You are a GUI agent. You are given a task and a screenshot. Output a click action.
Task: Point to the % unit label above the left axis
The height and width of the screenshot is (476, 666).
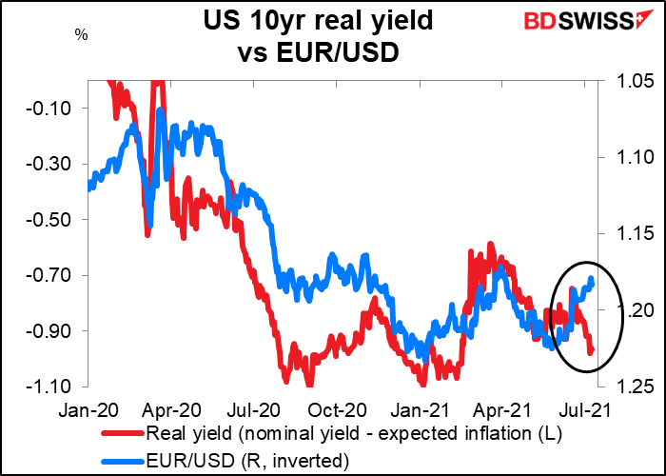point(81,35)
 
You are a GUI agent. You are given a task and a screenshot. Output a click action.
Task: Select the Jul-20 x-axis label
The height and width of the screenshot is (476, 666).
point(279,409)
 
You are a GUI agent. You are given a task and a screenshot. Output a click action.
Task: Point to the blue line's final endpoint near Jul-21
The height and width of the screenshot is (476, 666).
point(592,279)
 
